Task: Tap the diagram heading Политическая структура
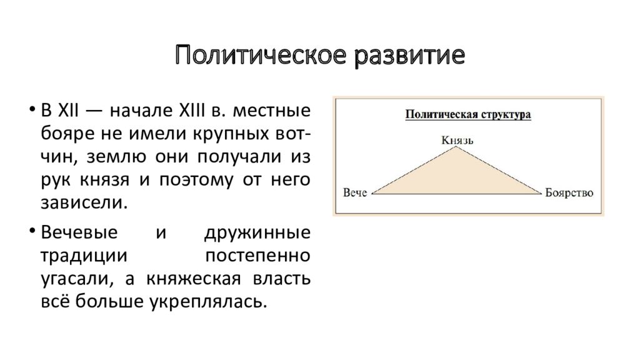[468, 114]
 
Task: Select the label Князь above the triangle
[457, 140]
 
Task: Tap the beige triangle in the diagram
[457, 178]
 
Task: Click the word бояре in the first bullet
[63, 135]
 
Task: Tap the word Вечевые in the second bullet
[79, 233]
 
